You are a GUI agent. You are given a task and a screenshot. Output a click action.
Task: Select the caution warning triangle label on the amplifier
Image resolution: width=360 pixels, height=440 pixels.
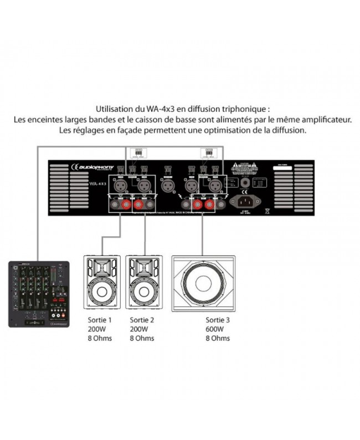click(x=239, y=166)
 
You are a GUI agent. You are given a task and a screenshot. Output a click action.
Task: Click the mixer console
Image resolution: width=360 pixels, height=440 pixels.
click(x=38, y=293)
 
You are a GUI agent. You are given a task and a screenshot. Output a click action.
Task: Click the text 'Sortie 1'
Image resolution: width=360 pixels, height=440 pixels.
click(x=100, y=320)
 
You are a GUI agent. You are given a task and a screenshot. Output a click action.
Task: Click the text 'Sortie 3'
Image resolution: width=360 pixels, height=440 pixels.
click(x=217, y=320)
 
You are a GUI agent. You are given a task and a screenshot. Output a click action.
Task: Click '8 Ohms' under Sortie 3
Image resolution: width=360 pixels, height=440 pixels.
click(x=217, y=338)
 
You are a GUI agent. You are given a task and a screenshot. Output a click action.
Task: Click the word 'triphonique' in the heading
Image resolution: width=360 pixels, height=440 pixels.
click(x=244, y=109)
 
